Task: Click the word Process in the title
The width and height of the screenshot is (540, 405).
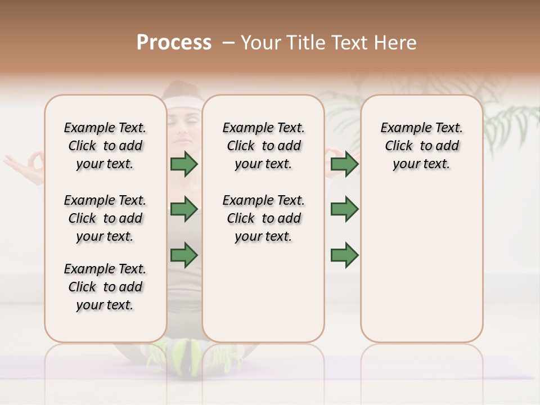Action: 174,43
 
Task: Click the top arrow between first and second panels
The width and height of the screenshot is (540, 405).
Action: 184,164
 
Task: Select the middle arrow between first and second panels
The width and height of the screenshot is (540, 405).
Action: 184,209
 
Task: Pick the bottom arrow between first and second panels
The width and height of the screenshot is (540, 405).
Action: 184,255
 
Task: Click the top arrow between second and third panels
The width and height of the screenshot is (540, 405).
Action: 344,164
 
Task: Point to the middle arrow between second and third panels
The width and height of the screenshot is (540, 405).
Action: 344,209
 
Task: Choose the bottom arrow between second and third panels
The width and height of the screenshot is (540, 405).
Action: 344,255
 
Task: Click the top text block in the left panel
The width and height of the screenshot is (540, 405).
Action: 105,146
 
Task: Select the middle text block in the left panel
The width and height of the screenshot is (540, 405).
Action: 105,218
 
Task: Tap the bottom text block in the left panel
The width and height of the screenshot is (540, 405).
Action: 105,287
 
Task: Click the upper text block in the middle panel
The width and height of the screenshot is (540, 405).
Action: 264,146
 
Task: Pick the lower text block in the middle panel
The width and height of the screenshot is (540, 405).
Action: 264,218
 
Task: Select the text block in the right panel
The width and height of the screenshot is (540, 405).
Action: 422,146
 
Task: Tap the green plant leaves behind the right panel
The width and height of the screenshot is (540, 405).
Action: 506,118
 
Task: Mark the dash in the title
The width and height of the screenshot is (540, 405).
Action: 229,43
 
